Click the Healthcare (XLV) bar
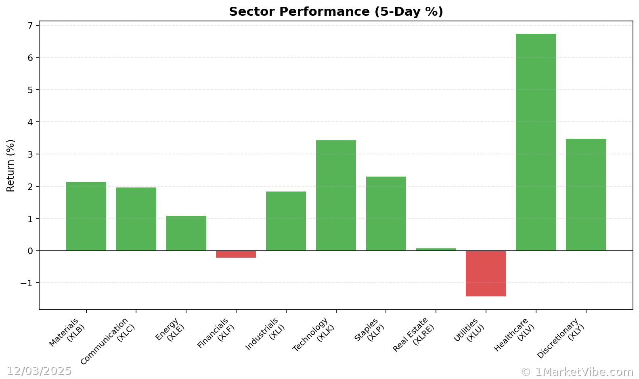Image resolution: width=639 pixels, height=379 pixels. [x=536, y=142]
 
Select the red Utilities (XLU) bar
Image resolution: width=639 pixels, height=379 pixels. [x=486, y=273]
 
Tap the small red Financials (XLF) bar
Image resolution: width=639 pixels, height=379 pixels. [x=236, y=254]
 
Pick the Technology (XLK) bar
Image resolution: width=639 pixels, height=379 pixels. [x=336, y=196]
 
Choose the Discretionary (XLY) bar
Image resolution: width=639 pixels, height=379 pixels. [x=586, y=195]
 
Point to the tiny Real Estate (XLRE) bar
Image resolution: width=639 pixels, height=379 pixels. [x=436, y=250]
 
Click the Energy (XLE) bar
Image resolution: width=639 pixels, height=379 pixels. [x=186, y=233]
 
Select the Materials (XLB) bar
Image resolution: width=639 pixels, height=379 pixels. [x=86, y=216]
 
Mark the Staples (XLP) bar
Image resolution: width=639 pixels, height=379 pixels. [x=386, y=214]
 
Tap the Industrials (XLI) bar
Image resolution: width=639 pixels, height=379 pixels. [x=286, y=221]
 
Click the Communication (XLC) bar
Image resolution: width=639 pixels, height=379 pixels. [x=136, y=219]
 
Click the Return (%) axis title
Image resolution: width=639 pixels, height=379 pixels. [x=10, y=165]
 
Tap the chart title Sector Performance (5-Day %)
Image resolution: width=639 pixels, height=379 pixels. [x=336, y=12]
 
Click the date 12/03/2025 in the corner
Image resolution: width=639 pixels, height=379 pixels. [x=39, y=371]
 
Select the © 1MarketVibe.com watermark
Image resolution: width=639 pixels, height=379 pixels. [x=577, y=372]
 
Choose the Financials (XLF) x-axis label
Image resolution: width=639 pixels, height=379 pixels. [x=216, y=333]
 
